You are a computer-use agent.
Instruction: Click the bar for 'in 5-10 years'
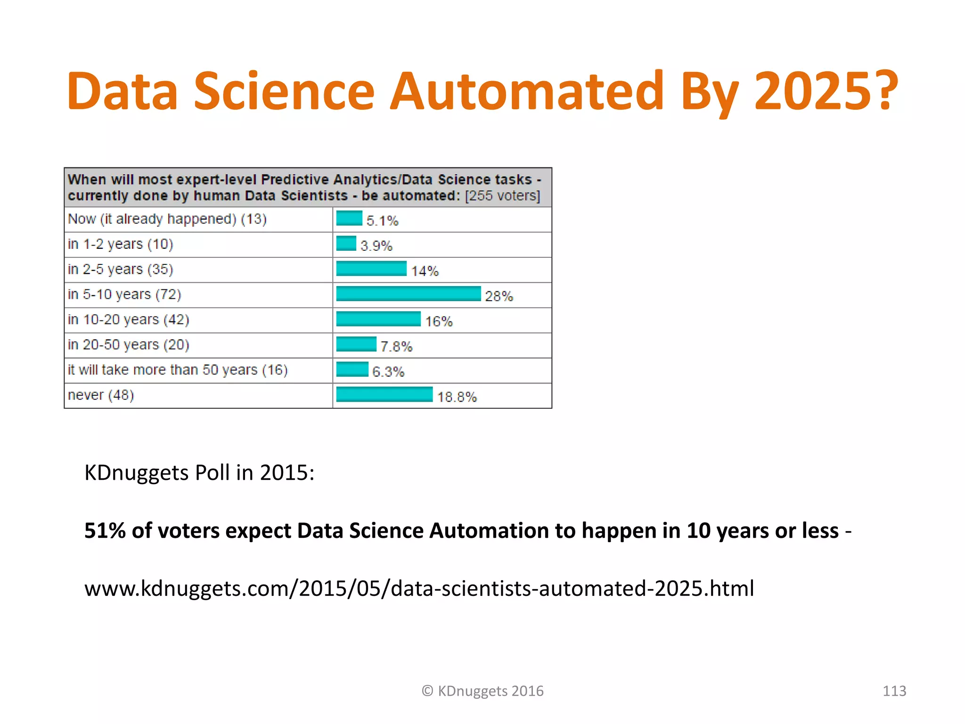[x=408, y=294]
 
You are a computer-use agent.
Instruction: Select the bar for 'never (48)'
[x=384, y=395]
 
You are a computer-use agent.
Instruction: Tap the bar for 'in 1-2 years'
[x=346, y=244]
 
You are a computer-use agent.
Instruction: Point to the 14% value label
[x=425, y=271]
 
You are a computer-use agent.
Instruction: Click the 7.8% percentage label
[x=396, y=346]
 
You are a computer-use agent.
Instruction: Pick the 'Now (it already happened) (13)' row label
[x=167, y=219]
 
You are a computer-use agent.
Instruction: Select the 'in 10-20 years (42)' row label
[x=128, y=320]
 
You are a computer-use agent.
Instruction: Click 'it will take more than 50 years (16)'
[x=178, y=370]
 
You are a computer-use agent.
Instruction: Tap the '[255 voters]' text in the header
[x=502, y=196]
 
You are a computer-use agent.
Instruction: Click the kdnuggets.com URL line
[x=419, y=589]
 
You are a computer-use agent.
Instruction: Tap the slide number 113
[x=894, y=691]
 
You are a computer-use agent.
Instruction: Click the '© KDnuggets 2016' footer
[x=482, y=691]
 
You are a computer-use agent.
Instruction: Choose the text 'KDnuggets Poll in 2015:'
[x=199, y=473]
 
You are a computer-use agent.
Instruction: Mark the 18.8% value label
[x=457, y=397]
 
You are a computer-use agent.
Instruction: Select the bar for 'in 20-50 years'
[x=356, y=344]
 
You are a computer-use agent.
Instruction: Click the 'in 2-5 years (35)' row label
[x=120, y=269]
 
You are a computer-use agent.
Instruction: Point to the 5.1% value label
[x=382, y=221]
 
